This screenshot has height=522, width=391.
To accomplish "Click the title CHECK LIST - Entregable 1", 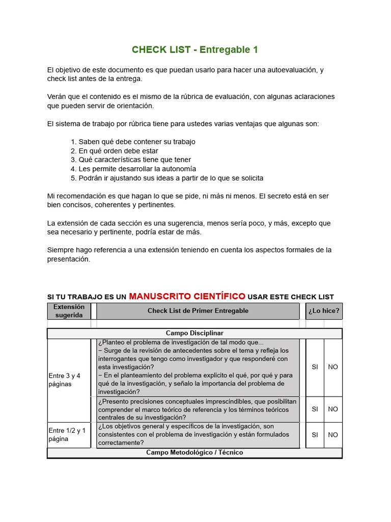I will pos(195,49).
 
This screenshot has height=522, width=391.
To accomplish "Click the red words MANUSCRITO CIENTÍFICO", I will pos(187,296).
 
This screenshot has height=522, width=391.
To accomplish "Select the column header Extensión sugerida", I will pos(68,311).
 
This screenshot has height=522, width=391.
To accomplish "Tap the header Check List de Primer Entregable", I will pos(198,311).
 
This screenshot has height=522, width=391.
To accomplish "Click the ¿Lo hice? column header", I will pos(324,311).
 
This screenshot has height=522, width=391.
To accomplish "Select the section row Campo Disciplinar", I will pos(194,333).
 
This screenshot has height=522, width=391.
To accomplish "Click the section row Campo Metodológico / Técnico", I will pos(194,453).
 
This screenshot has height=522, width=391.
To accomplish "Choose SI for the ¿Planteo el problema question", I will pos(315,367).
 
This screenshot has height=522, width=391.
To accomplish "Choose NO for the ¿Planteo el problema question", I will pos(333,367).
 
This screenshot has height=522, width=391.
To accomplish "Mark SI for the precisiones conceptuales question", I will pos(315,409).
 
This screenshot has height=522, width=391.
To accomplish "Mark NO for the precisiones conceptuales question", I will pos(333,409).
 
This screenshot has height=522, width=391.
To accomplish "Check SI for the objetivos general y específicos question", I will pos(315,435).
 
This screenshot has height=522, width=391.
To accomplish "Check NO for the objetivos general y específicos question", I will pos(333,435).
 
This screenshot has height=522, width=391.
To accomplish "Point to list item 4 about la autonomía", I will pos(137,169).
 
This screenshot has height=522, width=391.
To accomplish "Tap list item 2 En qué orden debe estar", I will pos(118,151).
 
